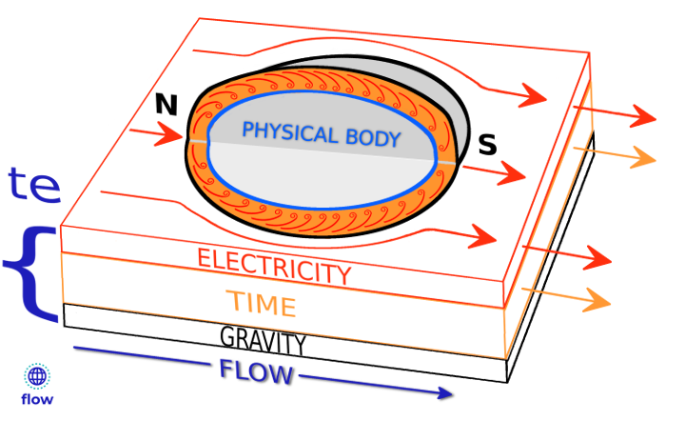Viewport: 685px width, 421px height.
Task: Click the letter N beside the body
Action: (166, 105)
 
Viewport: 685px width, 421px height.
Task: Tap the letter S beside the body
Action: (487, 145)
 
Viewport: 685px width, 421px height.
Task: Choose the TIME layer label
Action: (261, 304)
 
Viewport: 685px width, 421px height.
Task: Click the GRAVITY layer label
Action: (263, 339)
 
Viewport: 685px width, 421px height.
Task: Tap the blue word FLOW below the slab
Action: (256, 371)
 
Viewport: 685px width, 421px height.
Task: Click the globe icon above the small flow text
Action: (37, 377)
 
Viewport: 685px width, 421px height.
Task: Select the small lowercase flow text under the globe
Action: (37, 400)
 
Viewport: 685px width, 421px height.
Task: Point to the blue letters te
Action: (34, 185)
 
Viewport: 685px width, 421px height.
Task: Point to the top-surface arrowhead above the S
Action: (532, 95)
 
